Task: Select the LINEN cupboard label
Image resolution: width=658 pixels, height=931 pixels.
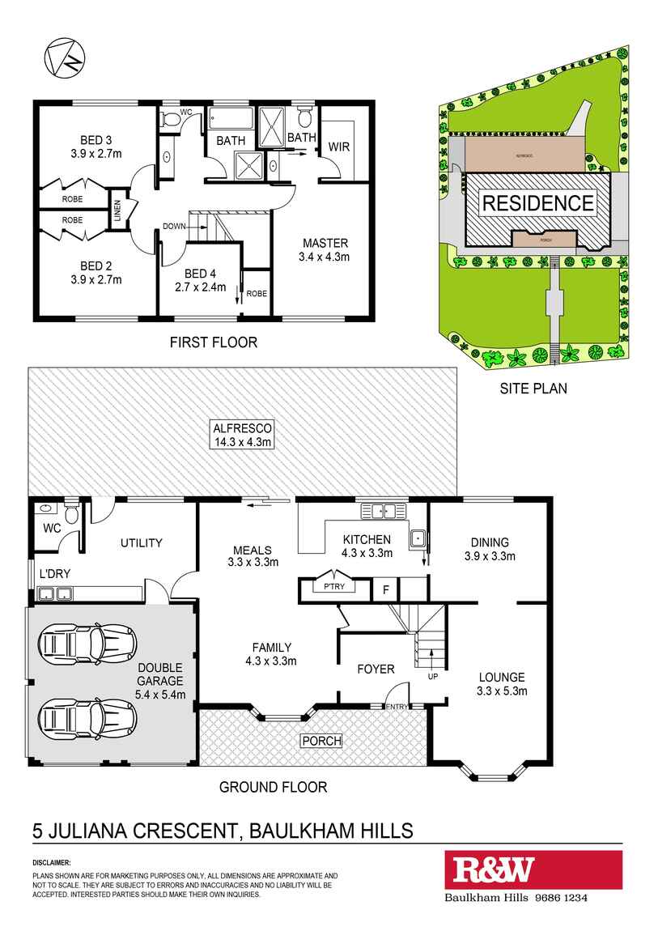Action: (x=117, y=210)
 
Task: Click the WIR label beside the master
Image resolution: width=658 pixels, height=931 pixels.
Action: (x=338, y=147)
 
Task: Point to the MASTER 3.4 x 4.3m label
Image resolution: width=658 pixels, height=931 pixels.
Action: (x=325, y=250)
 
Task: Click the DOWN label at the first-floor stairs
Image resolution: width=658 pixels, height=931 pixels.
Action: (x=175, y=227)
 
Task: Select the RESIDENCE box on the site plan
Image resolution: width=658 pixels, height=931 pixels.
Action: (x=537, y=202)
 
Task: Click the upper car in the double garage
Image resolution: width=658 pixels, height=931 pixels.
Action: (x=87, y=645)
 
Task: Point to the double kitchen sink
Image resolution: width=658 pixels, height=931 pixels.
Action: (x=383, y=510)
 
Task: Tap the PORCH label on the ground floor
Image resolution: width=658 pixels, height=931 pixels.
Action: (x=321, y=741)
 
